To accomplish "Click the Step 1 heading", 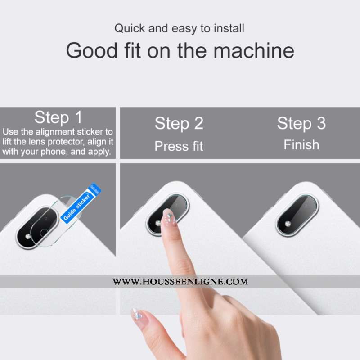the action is (x=58, y=117).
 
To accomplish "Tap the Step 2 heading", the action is (x=179, y=123).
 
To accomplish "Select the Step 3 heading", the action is (x=301, y=123).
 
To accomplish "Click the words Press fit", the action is (x=179, y=146).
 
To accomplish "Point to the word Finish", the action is (x=301, y=145).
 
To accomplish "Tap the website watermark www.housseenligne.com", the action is (x=180, y=282).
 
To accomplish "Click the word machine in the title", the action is (x=254, y=50).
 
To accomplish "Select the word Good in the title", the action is (x=92, y=50).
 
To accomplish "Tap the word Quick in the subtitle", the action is (x=130, y=28).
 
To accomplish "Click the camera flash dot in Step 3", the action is (x=288, y=224).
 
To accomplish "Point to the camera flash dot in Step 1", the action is (x=28, y=237).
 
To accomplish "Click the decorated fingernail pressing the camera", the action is (x=169, y=217).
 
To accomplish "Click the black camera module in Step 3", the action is (x=297, y=216).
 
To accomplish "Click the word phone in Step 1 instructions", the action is (x=54, y=152).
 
